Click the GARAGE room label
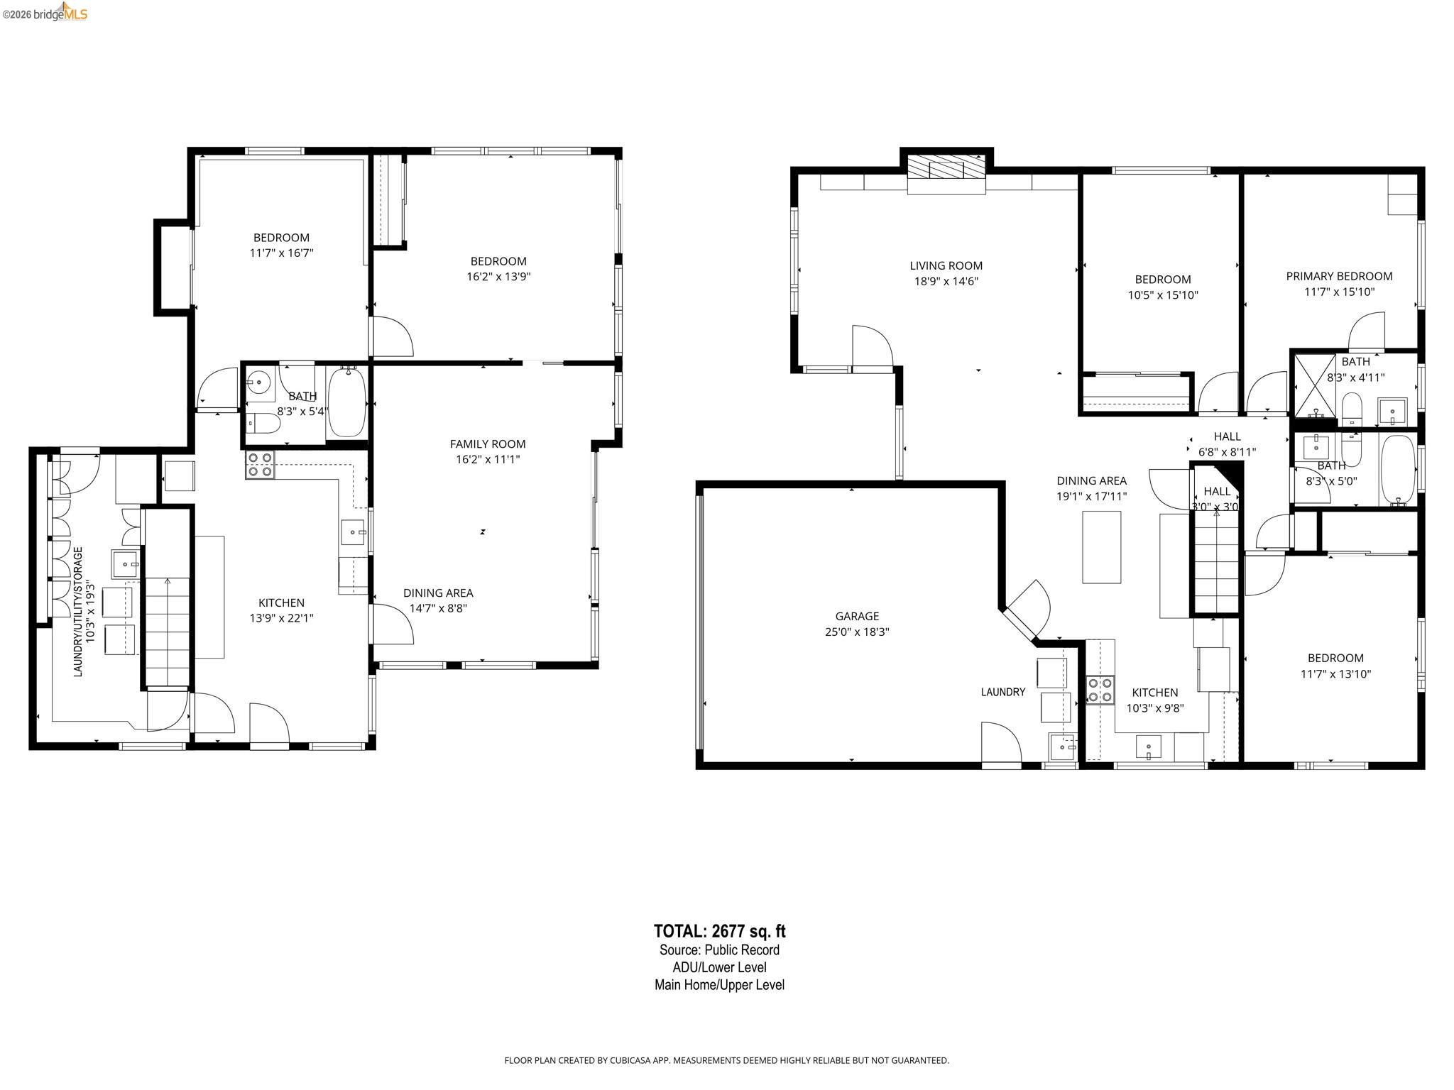(856, 616)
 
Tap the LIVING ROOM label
(946, 265)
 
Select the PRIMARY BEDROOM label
(1339, 276)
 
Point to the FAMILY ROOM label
(488, 444)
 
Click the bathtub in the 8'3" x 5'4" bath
(346, 402)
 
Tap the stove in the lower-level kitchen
(260, 464)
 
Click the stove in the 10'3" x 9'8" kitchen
(1100, 690)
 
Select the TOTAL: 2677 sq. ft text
(719, 931)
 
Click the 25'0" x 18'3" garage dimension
(856, 632)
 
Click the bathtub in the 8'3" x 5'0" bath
(1397, 470)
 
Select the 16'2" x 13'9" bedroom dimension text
(498, 277)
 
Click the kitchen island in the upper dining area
(1101, 546)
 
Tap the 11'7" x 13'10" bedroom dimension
(1335, 674)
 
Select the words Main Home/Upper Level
(719, 985)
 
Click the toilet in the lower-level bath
(262, 423)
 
